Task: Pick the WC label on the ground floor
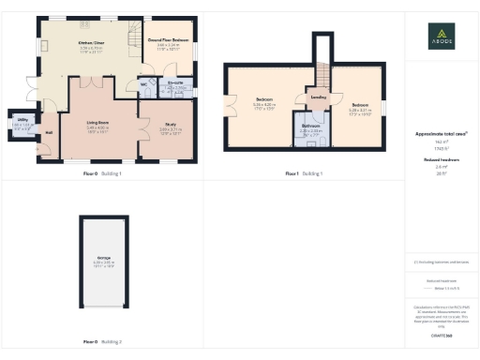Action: pyautogui.click(x=144, y=84)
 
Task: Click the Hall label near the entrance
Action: pyautogui.click(x=48, y=132)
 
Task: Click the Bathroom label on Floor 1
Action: pyautogui.click(x=311, y=124)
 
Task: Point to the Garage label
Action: pyautogui.click(x=103, y=256)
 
